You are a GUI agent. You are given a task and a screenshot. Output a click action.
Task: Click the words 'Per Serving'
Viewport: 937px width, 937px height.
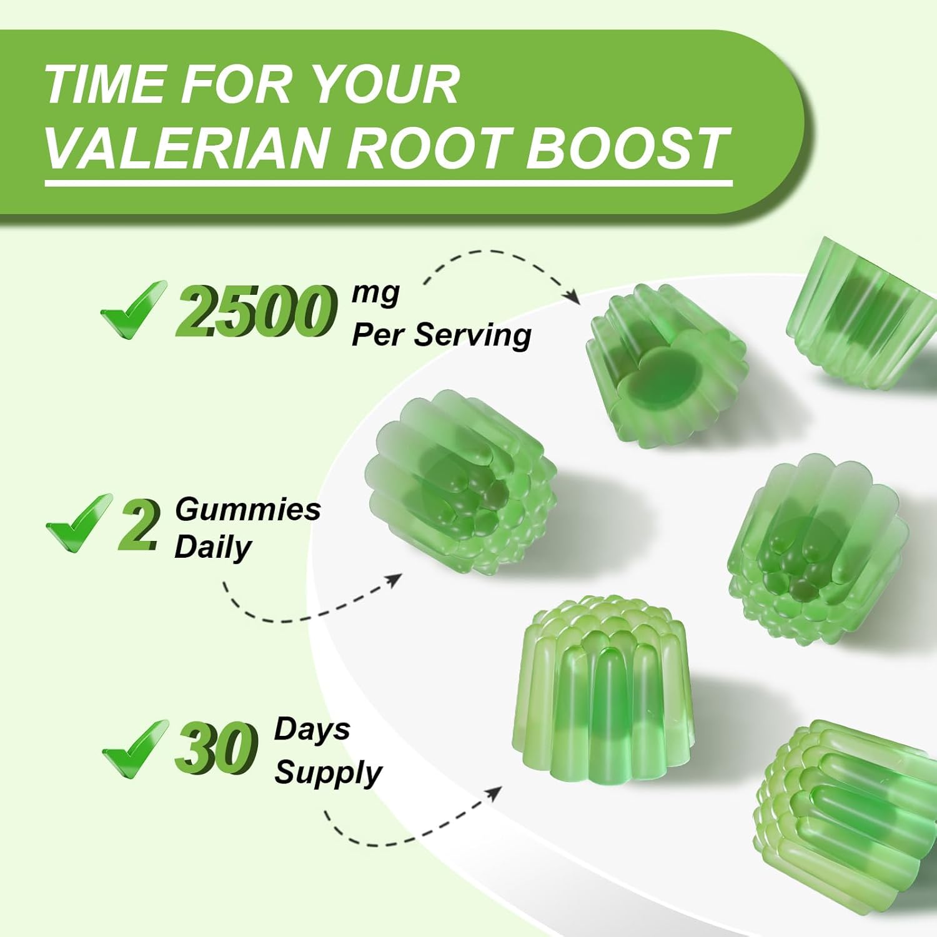click(441, 334)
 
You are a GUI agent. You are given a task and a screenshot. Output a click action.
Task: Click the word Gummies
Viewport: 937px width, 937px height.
click(247, 509)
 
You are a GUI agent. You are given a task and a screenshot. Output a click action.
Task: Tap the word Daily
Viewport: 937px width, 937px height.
click(212, 547)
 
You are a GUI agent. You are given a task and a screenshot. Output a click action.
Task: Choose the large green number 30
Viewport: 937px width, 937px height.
click(216, 748)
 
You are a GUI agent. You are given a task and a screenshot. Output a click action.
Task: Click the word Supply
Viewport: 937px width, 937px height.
click(328, 773)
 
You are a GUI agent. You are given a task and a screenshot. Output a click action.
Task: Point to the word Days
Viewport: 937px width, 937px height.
click(312, 729)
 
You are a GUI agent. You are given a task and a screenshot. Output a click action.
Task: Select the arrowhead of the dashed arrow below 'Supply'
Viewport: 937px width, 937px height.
click(494, 793)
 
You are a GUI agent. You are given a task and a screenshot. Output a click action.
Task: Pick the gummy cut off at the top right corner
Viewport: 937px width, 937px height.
click(859, 312)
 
